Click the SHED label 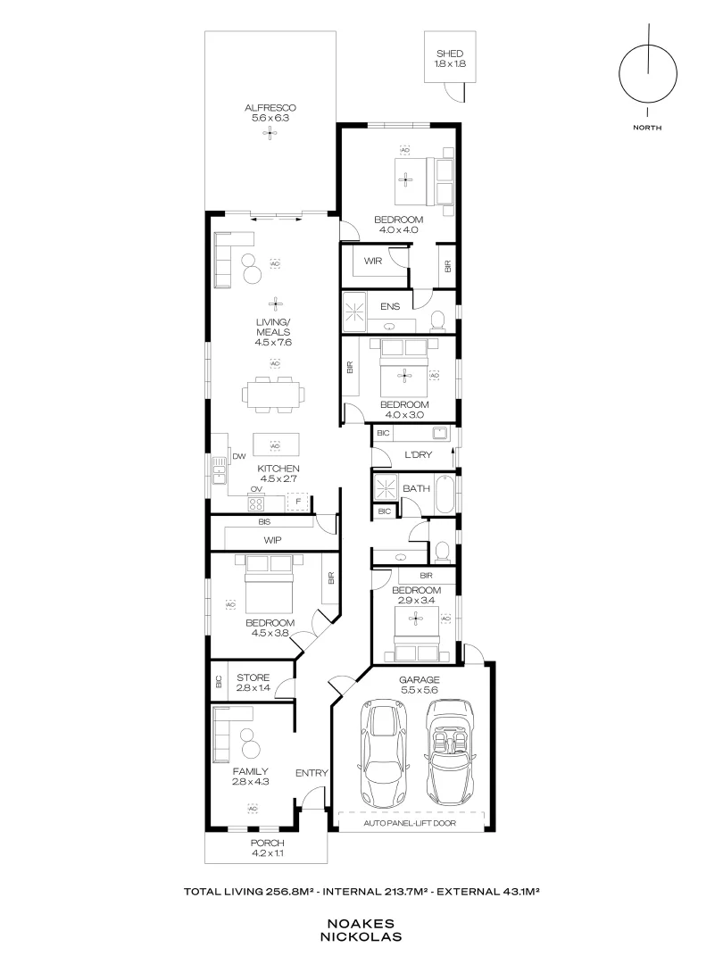tap(449, 54)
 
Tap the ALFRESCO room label tap(270, 108)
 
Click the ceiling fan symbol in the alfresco tap(270, 132)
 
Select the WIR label tap(372, 261)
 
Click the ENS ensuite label tap(390, 306)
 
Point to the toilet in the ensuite tap(437, 319)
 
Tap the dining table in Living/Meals tap(274, 395)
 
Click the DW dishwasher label tap(239, 456)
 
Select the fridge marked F tap(298, 502)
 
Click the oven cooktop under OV tap(256, 503)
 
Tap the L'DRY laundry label tap(418, 454)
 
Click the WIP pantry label tap(272, 540)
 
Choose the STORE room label tap(253, 677)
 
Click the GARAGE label tap(420, 679)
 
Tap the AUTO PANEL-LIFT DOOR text tap(410, 823)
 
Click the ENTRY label tap(312, 773)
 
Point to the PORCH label tap(268, 843)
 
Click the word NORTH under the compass tap(647, 128)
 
